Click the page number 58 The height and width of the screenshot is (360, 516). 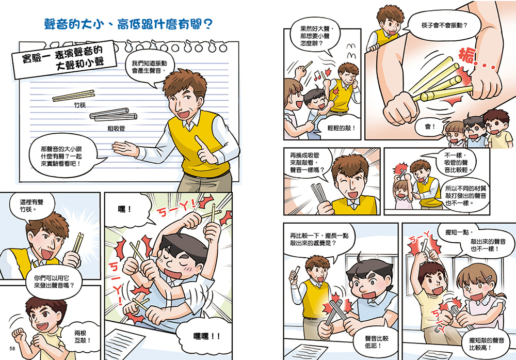12,349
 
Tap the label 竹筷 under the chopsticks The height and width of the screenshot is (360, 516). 79,105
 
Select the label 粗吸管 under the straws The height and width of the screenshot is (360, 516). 116,129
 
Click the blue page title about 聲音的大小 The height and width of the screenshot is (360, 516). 128,24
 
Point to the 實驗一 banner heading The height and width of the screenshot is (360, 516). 63,59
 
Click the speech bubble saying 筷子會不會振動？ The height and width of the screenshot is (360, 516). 444,25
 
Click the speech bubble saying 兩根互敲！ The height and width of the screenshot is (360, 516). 82,337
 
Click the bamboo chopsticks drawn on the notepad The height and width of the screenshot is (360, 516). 73,96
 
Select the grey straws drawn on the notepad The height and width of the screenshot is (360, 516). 114,115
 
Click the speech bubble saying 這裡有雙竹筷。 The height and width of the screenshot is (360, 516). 31,206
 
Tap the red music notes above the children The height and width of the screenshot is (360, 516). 317,75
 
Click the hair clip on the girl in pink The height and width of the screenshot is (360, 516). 489,278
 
